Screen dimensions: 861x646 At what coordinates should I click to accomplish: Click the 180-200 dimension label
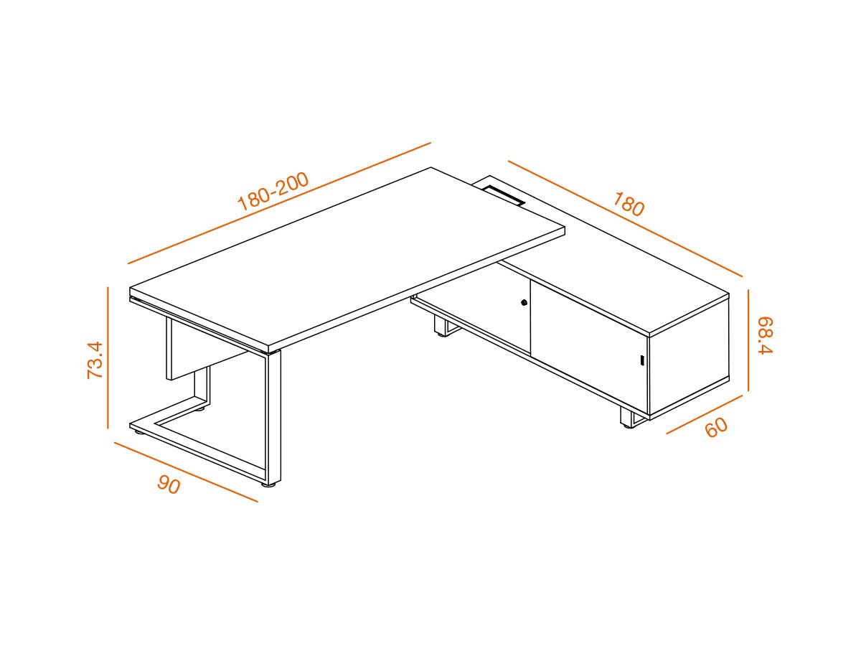pyautogui.click(x=273, y=191)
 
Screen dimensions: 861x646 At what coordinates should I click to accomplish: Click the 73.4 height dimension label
pyautogui.click(x=95, y=360)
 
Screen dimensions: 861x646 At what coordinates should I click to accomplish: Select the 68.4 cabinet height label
pyautogui.click(x=765, y=335)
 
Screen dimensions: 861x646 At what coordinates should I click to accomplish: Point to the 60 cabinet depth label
pyautogui.click(x=716, y=427)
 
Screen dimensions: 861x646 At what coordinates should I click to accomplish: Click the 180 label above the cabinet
pyautogui.click(x=629, y=204)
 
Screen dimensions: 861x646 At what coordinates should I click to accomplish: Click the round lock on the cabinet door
pyautogui.click(x=524, y=302)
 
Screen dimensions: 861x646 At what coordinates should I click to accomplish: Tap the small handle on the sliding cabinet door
pyautogui.click(x=641, y=360)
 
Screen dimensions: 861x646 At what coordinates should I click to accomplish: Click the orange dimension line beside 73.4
pyautogui.click(x=108, y=357)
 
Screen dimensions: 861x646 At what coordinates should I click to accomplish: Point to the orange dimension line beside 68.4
pyautogui.click(x=748, y=340)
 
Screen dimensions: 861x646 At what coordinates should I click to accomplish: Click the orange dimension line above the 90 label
pyautogui.click(x=186, y=472)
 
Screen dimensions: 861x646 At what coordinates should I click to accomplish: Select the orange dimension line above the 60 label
pyautogui.click(x=704, y=415)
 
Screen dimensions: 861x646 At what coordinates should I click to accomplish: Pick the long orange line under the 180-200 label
pyautogui.click(x=279, y=203)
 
